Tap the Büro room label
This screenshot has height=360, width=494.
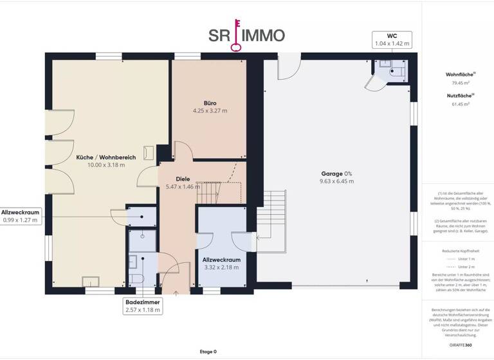click(210, 103)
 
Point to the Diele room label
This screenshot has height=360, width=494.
click(183, 179)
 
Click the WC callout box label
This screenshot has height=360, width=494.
click(392, 35)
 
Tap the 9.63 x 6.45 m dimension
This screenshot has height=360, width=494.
click(337, 181)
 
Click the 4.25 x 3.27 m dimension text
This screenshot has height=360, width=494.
click(210, 111)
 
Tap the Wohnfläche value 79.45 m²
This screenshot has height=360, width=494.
click(461, 82)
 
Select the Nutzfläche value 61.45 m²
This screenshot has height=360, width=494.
click(461, 104)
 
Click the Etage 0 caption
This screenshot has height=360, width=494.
click(208, 352)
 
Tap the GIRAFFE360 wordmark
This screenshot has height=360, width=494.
click(460, 345)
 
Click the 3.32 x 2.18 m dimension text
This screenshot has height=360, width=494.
click(221, 267)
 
